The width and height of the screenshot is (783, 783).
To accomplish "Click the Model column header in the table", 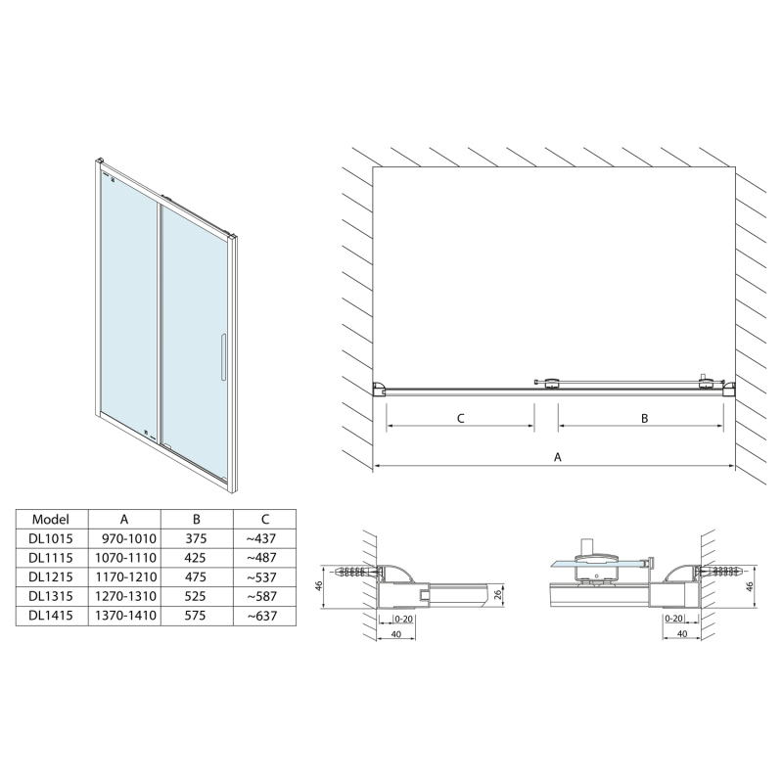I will coord(50,519).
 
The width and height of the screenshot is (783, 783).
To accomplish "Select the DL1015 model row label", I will coord(50,538).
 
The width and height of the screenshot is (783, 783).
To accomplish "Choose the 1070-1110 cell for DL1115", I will coord(124,557).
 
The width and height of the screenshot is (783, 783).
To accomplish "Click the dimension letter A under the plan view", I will coord(558,456).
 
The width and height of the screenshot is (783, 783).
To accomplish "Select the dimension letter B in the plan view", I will coord(645,418).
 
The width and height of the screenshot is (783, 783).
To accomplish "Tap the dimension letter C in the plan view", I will coord(460,418).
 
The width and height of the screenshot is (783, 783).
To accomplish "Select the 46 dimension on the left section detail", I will coord(320,584).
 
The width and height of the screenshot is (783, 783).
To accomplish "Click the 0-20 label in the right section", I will coord(673,619).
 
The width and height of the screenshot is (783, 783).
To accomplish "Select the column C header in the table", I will coord(264,519).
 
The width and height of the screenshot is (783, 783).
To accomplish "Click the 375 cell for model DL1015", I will coord(197,538).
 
